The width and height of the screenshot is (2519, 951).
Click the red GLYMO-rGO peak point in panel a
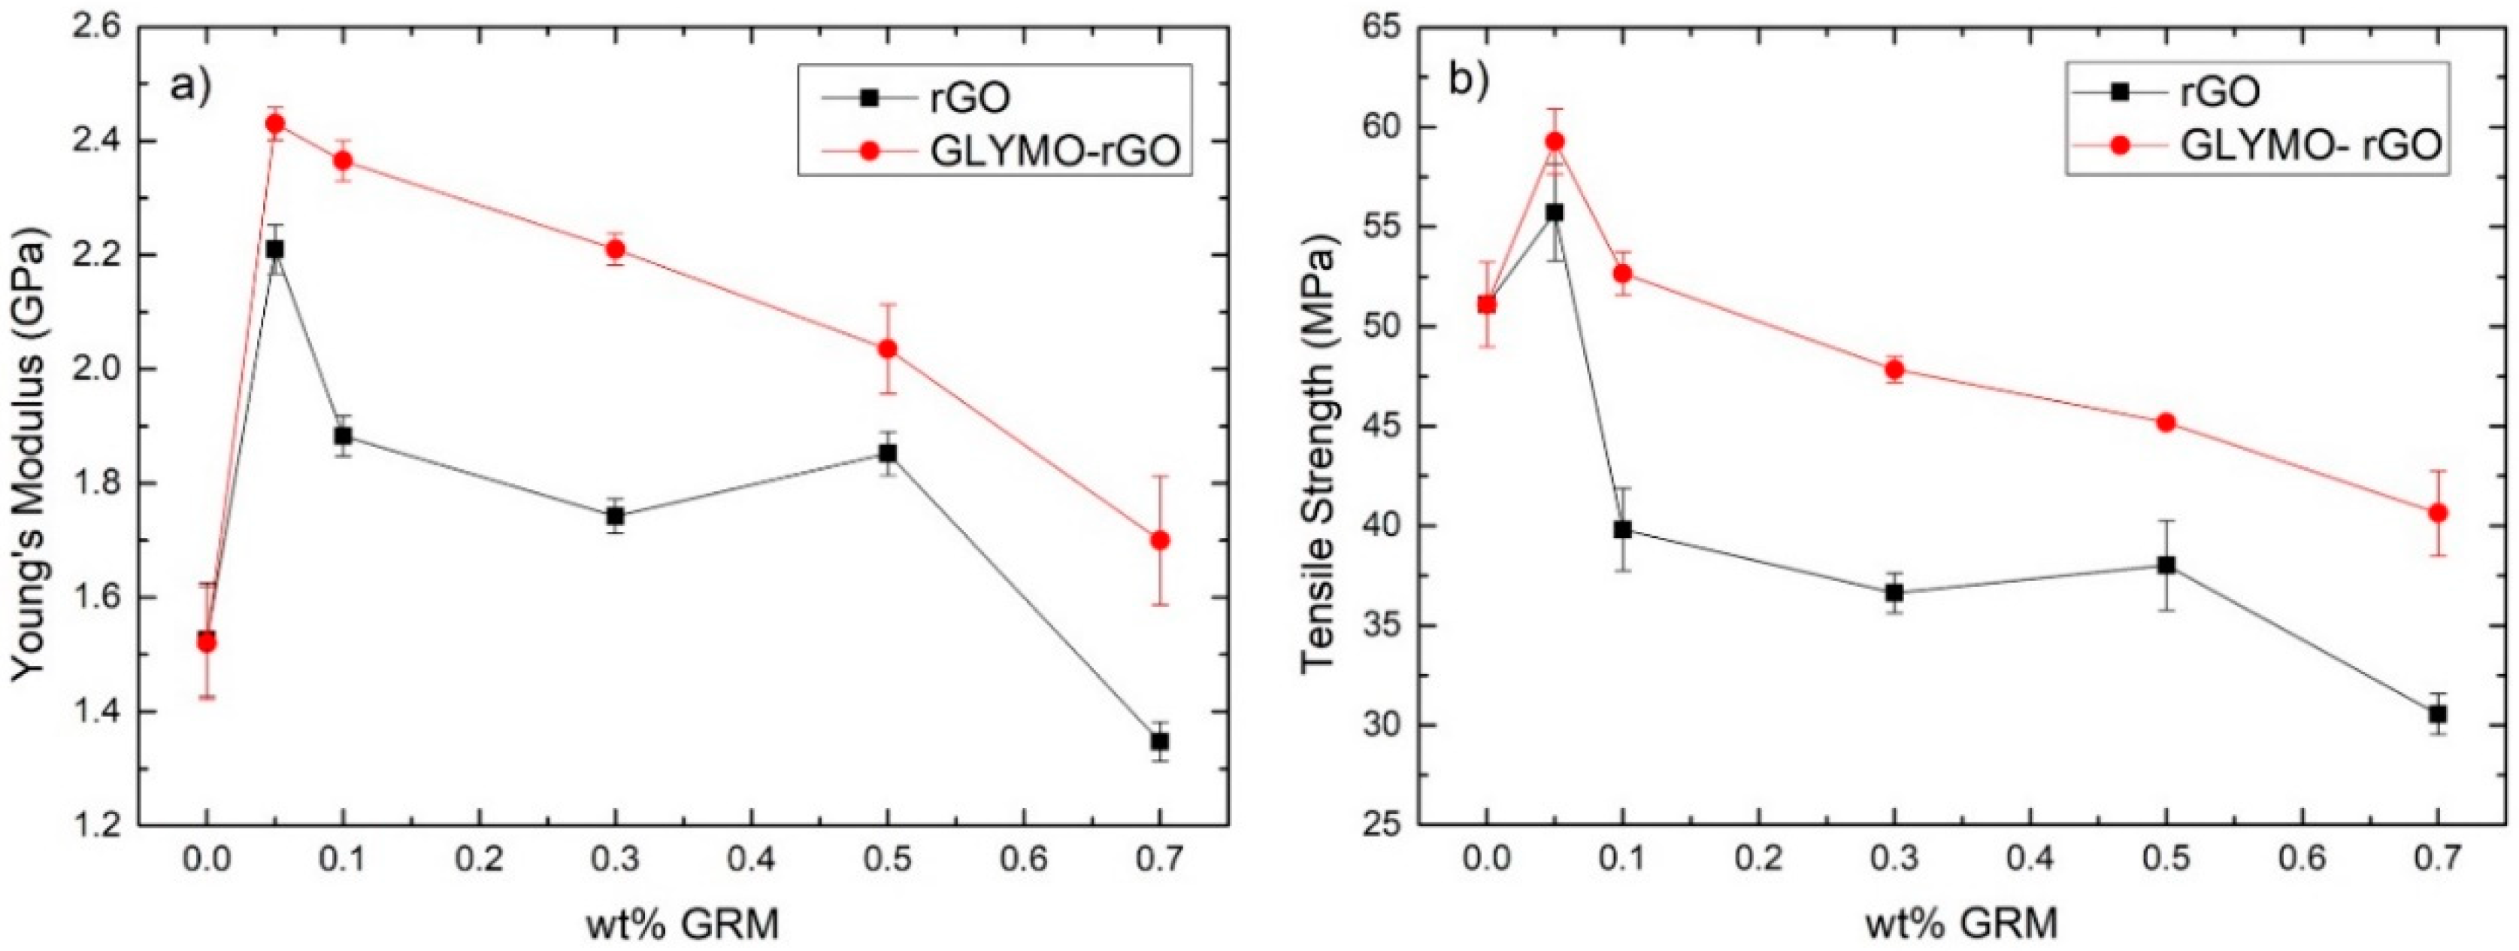coord(276,123)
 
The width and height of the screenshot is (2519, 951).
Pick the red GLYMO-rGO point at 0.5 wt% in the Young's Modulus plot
coord(887,348)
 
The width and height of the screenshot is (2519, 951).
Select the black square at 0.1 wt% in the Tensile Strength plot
coord(1622,530)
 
